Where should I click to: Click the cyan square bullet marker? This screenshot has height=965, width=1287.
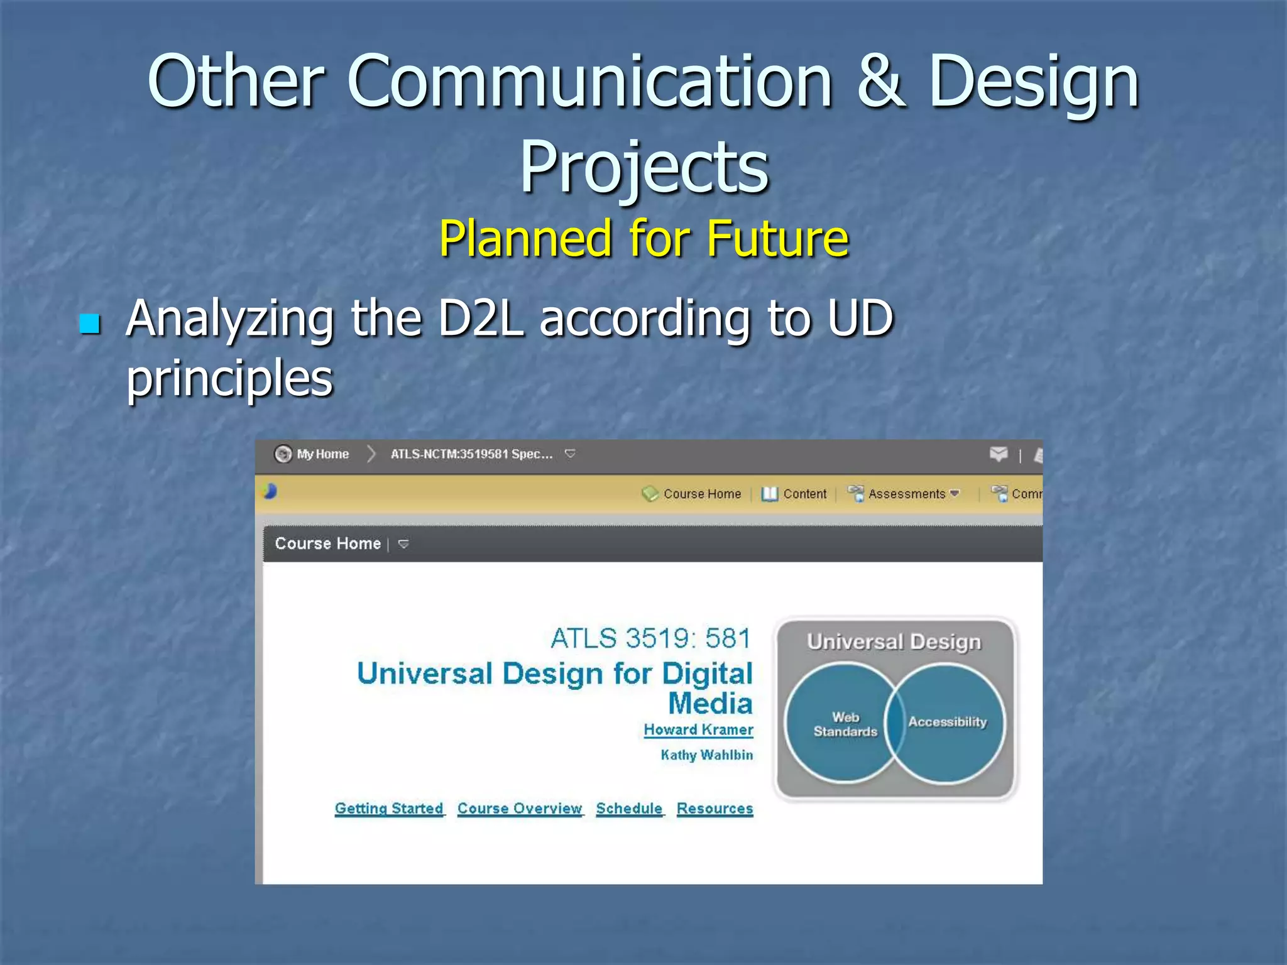[x=90, y=324]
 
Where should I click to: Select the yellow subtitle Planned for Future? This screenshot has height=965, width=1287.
[x=643, y=239]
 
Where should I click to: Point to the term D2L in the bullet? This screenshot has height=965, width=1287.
[x=481, y=319]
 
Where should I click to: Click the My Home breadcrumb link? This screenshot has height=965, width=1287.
[x=322, y=454]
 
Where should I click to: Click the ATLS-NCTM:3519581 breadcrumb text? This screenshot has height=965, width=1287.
[x=471, y=454]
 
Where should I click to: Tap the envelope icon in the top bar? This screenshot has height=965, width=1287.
[x=998, y=454]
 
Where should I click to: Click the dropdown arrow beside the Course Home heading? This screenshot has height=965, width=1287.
[x=403, y=543]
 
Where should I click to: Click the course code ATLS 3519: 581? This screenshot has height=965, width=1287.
[x=650, y=638]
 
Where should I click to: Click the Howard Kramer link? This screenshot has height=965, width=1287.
[x=698, y=729]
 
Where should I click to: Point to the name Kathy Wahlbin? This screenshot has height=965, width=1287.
[x=706, y=755]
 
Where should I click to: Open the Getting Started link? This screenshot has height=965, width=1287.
[x=389, y=808]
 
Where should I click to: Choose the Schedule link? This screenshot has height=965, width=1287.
[x=629, y=808]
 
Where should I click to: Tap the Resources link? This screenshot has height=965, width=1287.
[x=715, y=808]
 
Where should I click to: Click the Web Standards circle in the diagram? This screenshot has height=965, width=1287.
[x=839, y=724]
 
